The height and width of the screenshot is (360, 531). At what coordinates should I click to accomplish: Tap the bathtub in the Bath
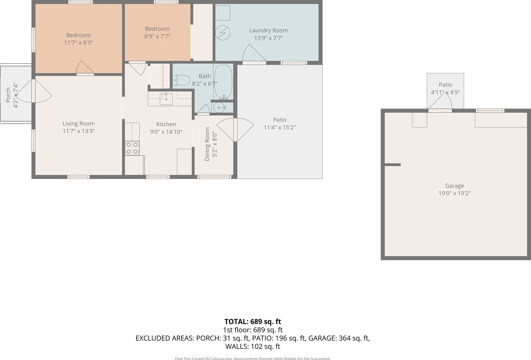[x=223, y=82]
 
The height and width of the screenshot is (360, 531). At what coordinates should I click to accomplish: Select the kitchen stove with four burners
[x=132, y=148]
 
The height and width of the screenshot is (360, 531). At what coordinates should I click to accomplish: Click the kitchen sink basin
[x=166, y=99]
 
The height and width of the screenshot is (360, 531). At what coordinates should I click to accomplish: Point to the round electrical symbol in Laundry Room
[x=223, y=33]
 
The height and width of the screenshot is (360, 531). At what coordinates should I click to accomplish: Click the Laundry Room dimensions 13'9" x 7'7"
[x=269, y=38]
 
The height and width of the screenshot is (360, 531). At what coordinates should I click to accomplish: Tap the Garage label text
[x=454, y=186]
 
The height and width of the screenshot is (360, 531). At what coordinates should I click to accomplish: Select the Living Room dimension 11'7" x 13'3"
[x=79, y=131]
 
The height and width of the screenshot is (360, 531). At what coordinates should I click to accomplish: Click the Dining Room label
[x=207, y=144]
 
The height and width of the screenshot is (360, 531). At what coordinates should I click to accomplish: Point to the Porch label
[x=8, y=95]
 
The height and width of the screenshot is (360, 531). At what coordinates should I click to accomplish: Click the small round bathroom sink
[x=219, y=107]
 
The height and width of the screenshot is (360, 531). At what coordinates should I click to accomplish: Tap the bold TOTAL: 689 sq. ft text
[x=253, y=322]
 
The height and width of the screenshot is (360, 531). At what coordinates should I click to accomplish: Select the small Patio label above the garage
[x=445, y=85]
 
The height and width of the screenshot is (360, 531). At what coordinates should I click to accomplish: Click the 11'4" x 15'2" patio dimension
[x=280, y=127]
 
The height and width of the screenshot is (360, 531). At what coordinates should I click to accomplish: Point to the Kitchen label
[x=166, y=124]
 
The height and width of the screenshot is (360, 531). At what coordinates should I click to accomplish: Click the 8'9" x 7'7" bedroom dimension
[x=157, y=36]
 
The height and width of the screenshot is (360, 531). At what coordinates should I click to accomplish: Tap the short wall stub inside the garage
[x=393, y=165]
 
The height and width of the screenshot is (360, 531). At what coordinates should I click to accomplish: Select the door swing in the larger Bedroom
[x=85, y=68]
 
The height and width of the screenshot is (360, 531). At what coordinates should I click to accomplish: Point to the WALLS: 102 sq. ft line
[x=253, y=346]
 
